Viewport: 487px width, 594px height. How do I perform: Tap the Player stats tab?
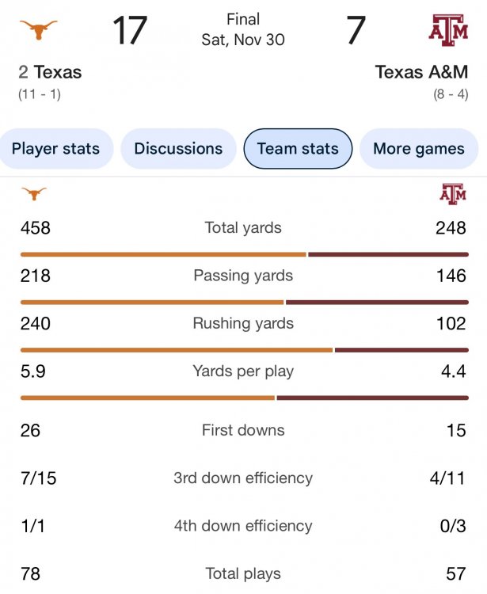55,148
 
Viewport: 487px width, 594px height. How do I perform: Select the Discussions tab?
178,148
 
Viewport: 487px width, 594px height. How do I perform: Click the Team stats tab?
298,148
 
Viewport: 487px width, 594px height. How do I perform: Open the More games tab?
419,148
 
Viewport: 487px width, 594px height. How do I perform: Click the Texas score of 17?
129,30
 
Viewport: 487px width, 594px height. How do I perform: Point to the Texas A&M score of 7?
356,30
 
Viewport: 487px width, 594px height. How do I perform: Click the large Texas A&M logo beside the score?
448,30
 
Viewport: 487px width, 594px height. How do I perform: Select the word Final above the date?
242,19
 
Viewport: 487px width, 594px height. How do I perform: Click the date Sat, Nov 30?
242,39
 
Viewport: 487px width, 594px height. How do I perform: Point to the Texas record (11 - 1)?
40,94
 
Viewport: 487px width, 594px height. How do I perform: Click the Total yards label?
243,228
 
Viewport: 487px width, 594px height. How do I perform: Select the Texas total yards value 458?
36,228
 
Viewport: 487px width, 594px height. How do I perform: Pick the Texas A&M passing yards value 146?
451,276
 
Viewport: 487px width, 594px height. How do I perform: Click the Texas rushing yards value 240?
36,323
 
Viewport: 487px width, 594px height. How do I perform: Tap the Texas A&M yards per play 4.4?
454,371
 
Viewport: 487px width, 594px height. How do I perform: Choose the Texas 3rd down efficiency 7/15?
39,478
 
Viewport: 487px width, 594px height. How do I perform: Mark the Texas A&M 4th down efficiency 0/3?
454,525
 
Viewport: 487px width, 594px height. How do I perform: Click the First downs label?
243,430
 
